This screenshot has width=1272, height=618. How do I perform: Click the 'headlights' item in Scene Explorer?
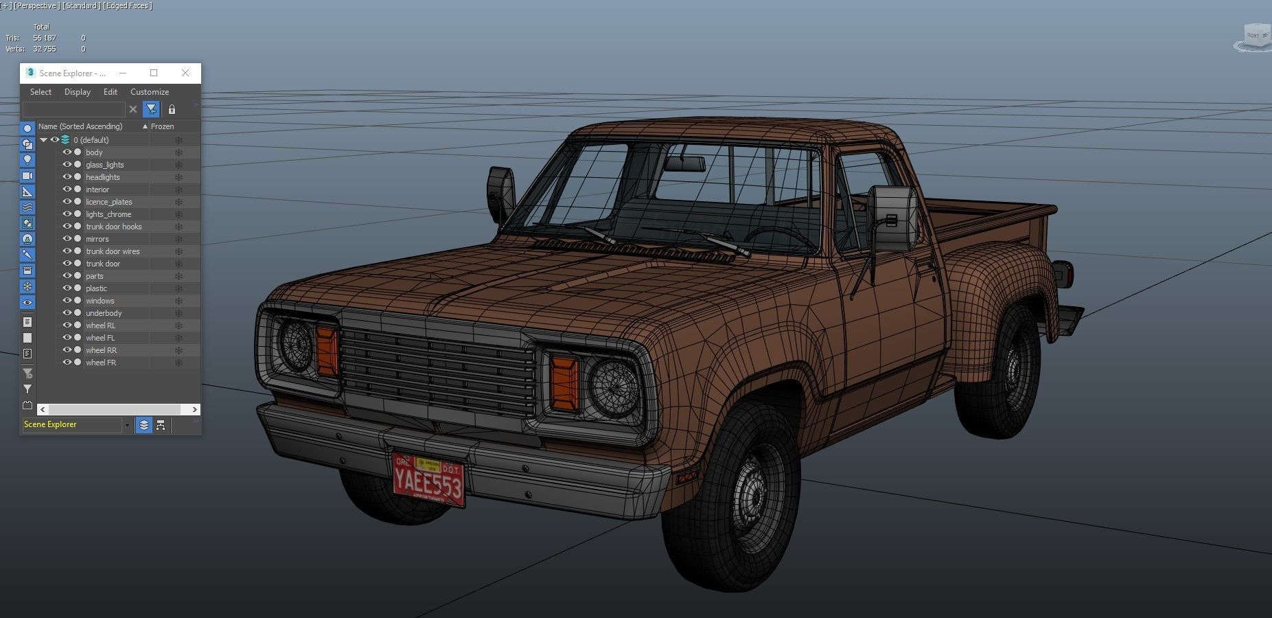tap(102, 177)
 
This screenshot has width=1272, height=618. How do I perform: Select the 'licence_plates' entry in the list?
tap(108, 202)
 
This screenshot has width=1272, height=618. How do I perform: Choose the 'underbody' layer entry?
tap(103, 313)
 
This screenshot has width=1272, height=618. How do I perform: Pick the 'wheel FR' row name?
tap(100, 363)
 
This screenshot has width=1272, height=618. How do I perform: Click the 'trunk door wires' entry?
tap(113, 251)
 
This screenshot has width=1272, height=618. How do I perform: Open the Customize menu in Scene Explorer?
tap(150, 92)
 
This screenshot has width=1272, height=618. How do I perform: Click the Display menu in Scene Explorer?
tap(78, 92)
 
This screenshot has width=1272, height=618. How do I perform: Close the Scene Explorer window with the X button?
tap(185, 73)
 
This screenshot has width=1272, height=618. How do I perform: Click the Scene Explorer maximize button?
tap(154, 73)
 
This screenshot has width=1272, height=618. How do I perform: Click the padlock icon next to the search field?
tap(172, 109)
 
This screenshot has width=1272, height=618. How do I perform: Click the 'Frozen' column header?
tap(163, 126)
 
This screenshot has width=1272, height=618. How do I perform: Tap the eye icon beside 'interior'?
tap(67, 190)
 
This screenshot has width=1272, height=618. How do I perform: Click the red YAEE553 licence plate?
tap(428, 479)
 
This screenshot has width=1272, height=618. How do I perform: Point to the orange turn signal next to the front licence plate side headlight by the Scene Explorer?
tap(327, 350)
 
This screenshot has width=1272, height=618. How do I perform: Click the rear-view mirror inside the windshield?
tap(684, 164)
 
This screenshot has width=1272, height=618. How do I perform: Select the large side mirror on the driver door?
tap(892, 218)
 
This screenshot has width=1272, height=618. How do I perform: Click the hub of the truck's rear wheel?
tap(1013, 371)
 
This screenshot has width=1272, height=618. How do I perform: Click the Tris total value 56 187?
tap(45, 38)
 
